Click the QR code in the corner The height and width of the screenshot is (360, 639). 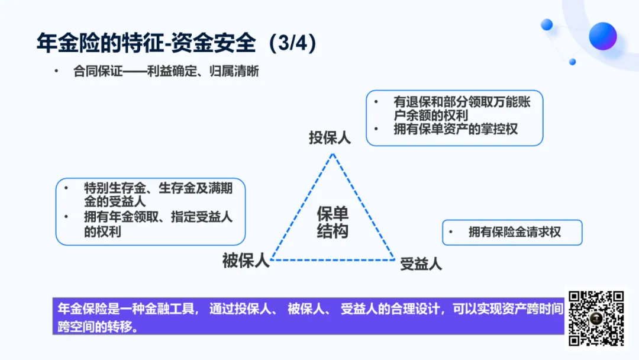(x=596, y=318)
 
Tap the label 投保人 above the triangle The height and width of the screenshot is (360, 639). (x=330, y=137)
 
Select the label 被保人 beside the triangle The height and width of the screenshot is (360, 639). (x=246, y=261)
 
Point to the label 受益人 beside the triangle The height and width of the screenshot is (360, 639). (x=421, y=263)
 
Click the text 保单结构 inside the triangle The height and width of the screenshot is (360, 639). (x=333, y=223)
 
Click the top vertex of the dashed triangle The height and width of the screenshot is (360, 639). (x=333, y=154)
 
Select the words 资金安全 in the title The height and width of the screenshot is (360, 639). (x=214, y=43)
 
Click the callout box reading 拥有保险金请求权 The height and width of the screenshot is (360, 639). (x=512, y=232)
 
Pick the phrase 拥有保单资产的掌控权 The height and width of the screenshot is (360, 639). (x=456, y=129)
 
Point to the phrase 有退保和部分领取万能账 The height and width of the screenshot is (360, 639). (x=462, y=102)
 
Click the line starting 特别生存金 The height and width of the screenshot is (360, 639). (x=157, y=189)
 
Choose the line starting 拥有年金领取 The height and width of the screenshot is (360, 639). (x=158, y=217)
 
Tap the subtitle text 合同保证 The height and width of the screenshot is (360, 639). (x=98, y=72)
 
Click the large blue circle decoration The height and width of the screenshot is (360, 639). (x=602, y=36)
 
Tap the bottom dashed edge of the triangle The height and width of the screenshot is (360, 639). (x=333, y=260)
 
